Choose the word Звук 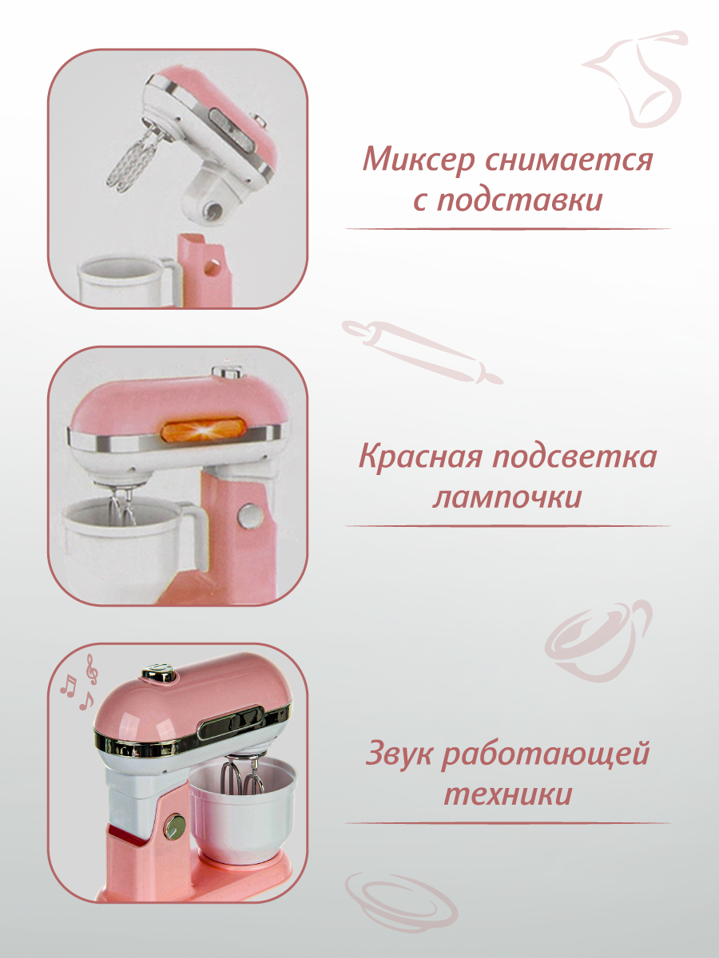[401, 754]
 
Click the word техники [507, 795]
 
